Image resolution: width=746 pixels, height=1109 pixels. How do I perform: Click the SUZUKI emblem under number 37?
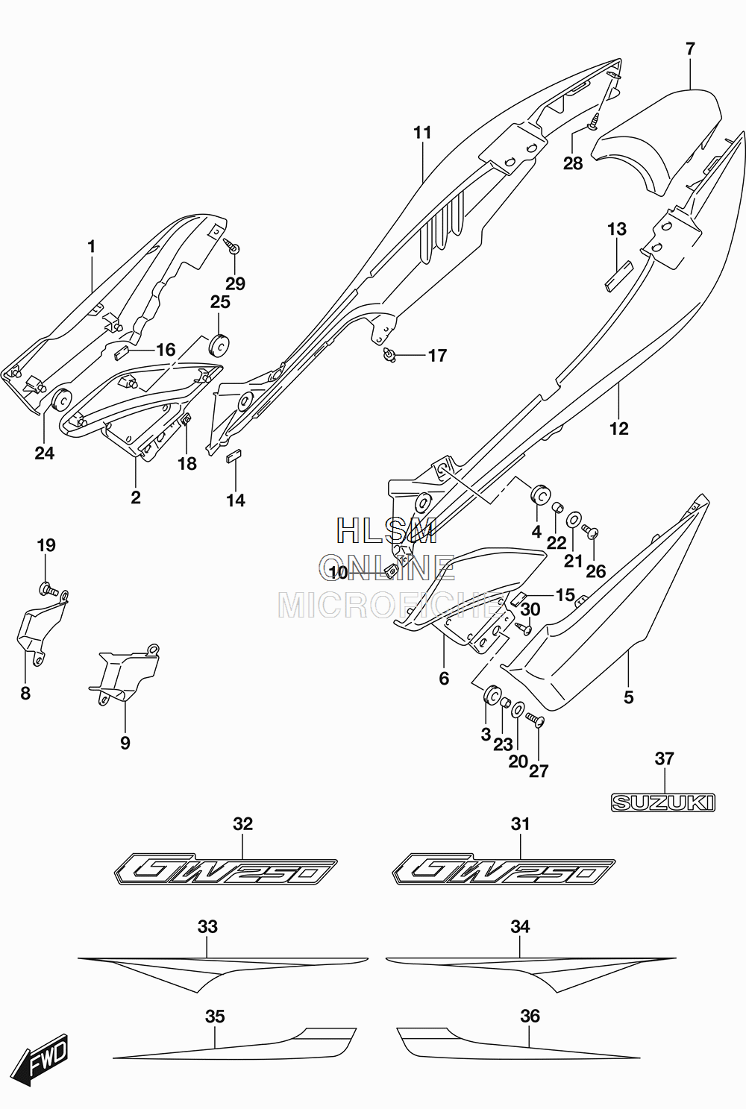click(663, 802)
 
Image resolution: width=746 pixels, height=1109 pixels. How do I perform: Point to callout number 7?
click(690, 49)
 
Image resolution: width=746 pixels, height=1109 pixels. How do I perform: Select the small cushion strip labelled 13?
click(618, 274)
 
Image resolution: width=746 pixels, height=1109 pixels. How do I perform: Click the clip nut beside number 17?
click(389, 354)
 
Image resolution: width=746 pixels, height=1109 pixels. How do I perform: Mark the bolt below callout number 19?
click(48, 590)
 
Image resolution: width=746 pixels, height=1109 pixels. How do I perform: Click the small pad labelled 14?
click(233, 456)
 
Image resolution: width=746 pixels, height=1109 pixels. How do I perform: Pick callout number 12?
click(619, 428)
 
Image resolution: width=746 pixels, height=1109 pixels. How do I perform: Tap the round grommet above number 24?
click(61, 400)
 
